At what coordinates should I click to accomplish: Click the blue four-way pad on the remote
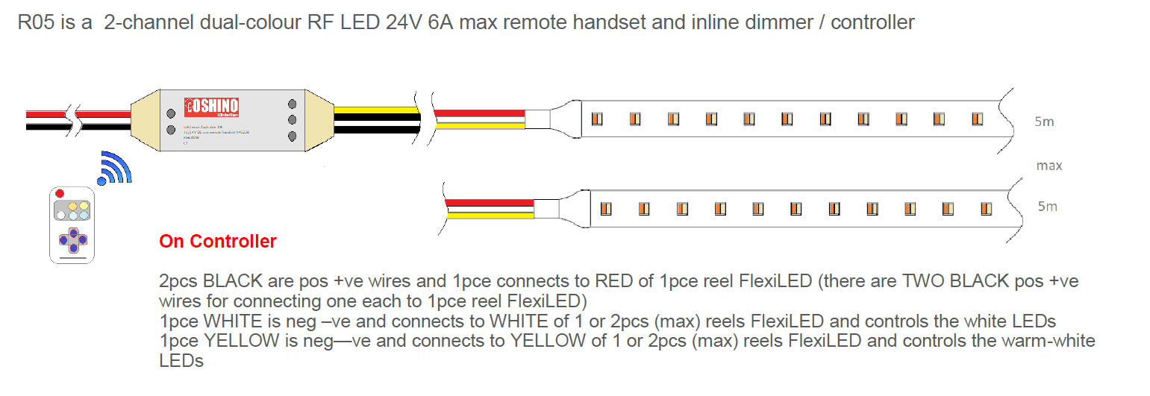click(x=73, y=239)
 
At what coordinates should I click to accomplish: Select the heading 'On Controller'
click(x=218, y=242)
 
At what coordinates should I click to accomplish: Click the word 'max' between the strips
click(x=1049, y=166)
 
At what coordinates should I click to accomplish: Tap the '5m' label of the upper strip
click(x=1044, y=122)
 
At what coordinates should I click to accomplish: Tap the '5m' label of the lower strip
click(x=1047, y=207)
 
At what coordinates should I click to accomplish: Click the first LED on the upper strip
click(x=596, y=119)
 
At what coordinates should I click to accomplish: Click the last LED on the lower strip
click(x=986, y=208)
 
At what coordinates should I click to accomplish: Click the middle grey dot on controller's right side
click(x=292, y=120)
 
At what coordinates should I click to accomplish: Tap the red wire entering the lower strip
click(x=489, y=202)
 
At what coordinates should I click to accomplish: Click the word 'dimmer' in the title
click(x=790, y=23)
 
